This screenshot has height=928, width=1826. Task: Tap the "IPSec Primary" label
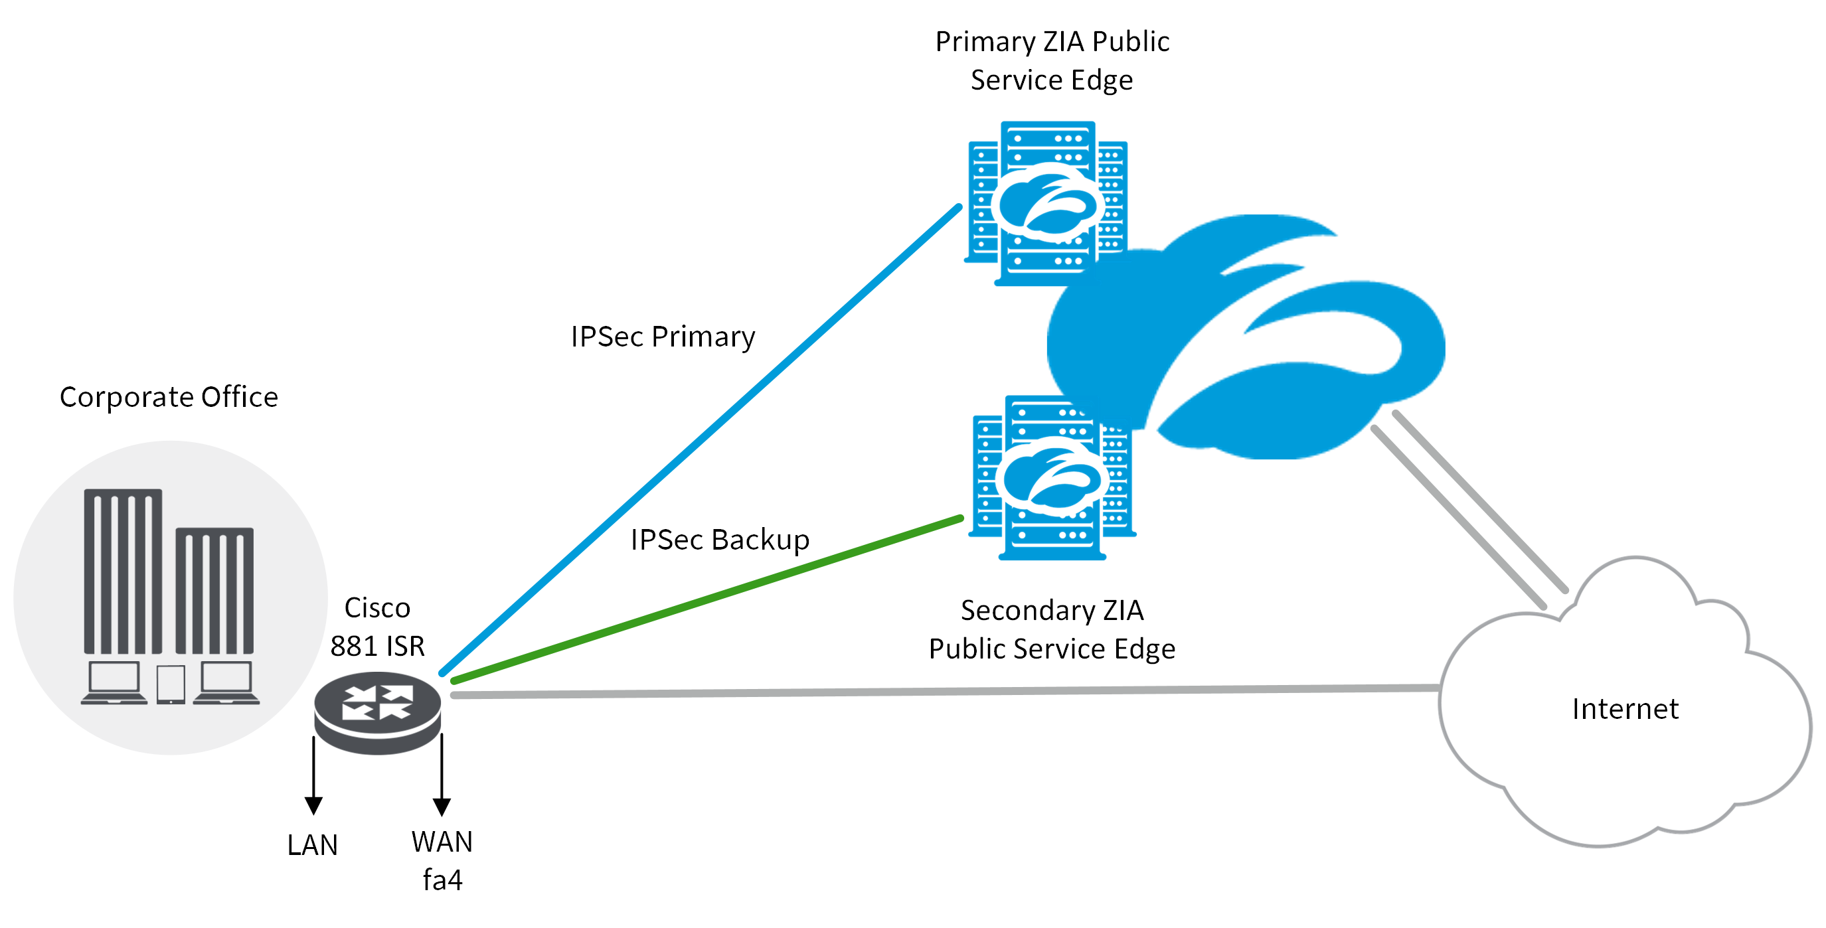click(663, 337)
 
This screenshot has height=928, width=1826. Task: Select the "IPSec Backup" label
click(720, 540)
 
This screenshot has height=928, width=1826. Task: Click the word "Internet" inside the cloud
click(1625, 709)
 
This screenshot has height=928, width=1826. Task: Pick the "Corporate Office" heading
click(169, 397)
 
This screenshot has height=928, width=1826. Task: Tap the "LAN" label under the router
click(313, 845)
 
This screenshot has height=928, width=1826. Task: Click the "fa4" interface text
click(442, 880)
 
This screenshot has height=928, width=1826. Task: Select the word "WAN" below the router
click(442, 842)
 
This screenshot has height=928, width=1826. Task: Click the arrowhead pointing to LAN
click(313, 805)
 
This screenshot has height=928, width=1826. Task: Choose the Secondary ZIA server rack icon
click(1052, 478)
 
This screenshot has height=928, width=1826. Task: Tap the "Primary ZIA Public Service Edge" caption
click(1052, 61)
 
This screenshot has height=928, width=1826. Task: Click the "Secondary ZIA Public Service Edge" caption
click(1052, 629)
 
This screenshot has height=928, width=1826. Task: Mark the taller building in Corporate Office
click(123, 570)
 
